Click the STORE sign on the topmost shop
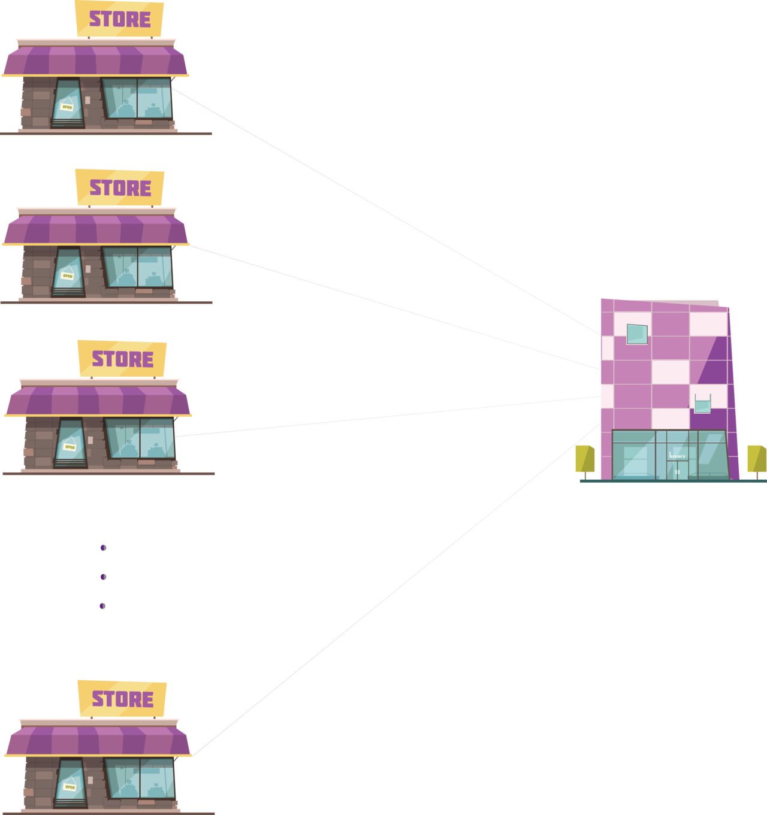tap(119, 19)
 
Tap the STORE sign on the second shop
tap(120, 188)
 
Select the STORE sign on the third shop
tap(122, 359)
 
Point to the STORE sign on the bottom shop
tap(122, 699)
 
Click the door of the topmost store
tap(67, 103)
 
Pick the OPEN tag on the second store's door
tap(68, 276)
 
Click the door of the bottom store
tap(70, 782)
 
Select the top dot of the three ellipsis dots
tap(103, 547)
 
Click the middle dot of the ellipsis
tap(103, 577)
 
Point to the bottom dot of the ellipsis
tap(103, 605)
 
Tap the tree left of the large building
tap(585, 459)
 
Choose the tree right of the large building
tap(756, 459)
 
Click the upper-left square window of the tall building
tap(637, 334)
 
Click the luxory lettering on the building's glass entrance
tap(677, 456)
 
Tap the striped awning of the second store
tap(96, 229)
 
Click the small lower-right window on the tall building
tap(702, 405)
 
